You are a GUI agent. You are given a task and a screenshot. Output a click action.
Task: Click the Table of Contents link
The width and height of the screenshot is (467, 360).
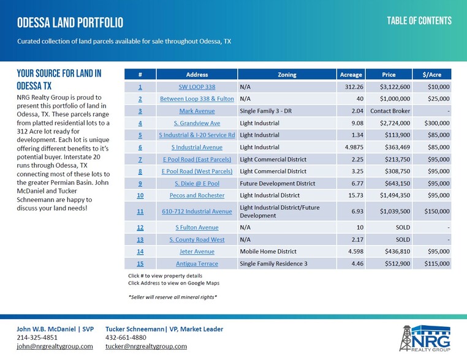[x=419, y=21]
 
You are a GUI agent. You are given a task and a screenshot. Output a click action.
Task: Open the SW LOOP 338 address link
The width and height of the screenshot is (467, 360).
[x=197, y=87]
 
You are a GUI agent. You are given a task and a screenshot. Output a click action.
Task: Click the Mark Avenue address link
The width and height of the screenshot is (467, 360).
[x=197, y=111]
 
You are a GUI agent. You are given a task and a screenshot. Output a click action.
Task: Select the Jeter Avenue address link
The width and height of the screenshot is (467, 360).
[x=197, y=252]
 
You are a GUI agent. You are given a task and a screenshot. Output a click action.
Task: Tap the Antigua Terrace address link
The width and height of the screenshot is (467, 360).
[x=197, y=264]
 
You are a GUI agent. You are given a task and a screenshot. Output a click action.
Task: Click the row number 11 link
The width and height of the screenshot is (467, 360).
[x=140, y=211]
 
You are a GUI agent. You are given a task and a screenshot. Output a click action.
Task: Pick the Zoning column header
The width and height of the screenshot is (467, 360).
[x=287, y=75]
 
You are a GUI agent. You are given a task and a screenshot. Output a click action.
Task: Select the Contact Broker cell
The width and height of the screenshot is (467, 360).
[x=390, y=111]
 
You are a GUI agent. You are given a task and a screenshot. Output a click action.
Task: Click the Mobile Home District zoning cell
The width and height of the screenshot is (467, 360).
[x=268, y=252]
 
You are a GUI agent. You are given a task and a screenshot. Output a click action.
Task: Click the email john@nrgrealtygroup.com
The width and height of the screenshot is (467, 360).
[x=55, y=347]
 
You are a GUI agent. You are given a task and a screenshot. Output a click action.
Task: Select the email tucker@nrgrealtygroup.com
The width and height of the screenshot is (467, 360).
[x=146, y=347]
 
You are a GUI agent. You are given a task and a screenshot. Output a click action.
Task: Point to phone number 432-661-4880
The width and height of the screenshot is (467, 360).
[x=126, y=337]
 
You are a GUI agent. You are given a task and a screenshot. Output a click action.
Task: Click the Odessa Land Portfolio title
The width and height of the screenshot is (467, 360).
[x=70, y=23]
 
